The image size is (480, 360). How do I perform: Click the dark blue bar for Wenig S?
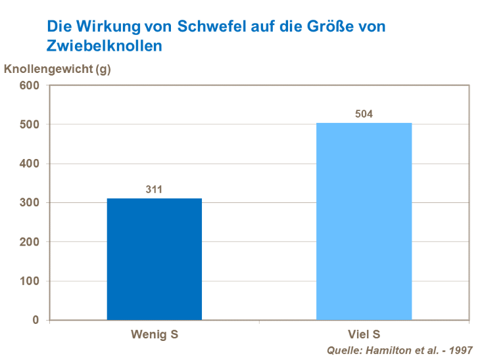click(x=155, y=259)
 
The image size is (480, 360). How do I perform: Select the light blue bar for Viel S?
click(x=364, y=221)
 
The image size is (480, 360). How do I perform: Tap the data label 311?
click(x=155, y=190)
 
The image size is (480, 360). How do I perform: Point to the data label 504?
click(x=364, y=114)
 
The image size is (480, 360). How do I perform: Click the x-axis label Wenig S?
click(x=155, y=334)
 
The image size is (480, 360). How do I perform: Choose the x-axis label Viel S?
click(x=364, y=334)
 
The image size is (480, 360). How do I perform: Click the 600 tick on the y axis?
click(x=30, y=85)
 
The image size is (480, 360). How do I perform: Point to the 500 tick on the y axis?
click(x=30, y=125)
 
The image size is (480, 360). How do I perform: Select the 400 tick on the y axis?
click(x=30, y=164)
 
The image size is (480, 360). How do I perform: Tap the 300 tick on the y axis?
click(x=30, y=203)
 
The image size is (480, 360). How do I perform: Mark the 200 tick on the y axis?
click(x=30, y=242)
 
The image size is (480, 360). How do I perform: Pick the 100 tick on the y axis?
click(x=30, y=281)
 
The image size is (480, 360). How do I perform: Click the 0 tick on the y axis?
click(x=36, y=320)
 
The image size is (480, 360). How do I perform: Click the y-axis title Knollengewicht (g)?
click(x=58, y=69)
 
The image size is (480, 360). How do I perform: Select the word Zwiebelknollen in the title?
click(x=104, y=46)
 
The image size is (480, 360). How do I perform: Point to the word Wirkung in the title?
click(x=100, y=27)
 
